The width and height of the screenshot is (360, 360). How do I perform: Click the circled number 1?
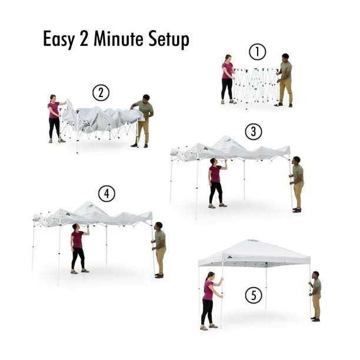[257, 52]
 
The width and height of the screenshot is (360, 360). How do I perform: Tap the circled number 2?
[101, 93]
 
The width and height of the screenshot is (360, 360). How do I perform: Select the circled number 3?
[254, 132]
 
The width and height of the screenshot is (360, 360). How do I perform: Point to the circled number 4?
[107, 194]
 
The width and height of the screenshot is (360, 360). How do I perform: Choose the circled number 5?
[254, 294]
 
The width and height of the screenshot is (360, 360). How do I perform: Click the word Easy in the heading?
[62, 39]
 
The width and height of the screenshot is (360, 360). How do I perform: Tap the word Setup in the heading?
[169, 40]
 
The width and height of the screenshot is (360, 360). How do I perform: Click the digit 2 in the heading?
[89, 39]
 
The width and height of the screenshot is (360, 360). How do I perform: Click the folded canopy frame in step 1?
[255, 85]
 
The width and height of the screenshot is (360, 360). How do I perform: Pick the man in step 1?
[285, 80]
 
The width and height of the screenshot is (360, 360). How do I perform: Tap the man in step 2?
[143, 120]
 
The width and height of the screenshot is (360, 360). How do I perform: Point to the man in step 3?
[297, 184]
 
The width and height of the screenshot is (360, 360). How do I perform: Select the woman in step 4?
[78, 248]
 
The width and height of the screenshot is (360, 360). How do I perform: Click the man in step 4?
[159, 249]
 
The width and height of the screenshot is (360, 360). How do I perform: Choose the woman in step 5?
[208, 300]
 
